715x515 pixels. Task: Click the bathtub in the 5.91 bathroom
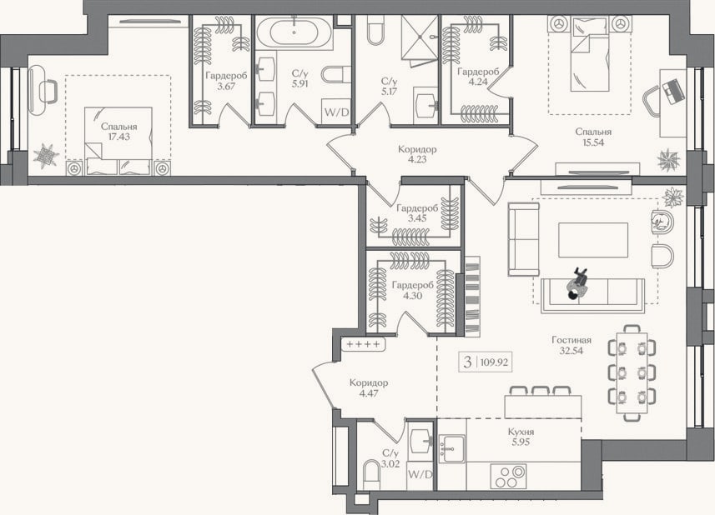coord(295,31)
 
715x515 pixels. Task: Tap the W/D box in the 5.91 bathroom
coord(336,111)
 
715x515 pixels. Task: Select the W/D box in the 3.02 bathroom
coord(420,474)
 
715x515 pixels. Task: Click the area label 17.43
coord(118,137)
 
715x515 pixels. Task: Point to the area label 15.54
coord(593,142)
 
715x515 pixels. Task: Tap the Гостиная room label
coord(571,340)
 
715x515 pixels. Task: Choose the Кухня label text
coord(521,432)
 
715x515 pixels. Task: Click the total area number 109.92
coord(494,362)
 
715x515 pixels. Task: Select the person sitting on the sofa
coord(577,283)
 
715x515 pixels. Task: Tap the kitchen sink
coord(452,448)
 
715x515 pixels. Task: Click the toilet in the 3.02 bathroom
coord(371,475)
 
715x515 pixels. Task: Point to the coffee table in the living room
coord(593,240)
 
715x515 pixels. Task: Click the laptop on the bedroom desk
coord(673,92)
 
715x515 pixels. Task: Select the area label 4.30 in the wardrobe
coord(412,296)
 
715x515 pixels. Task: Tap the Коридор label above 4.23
coord(417,149)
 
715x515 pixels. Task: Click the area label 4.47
coord(369,393)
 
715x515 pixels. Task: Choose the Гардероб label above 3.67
coord(226,76)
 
